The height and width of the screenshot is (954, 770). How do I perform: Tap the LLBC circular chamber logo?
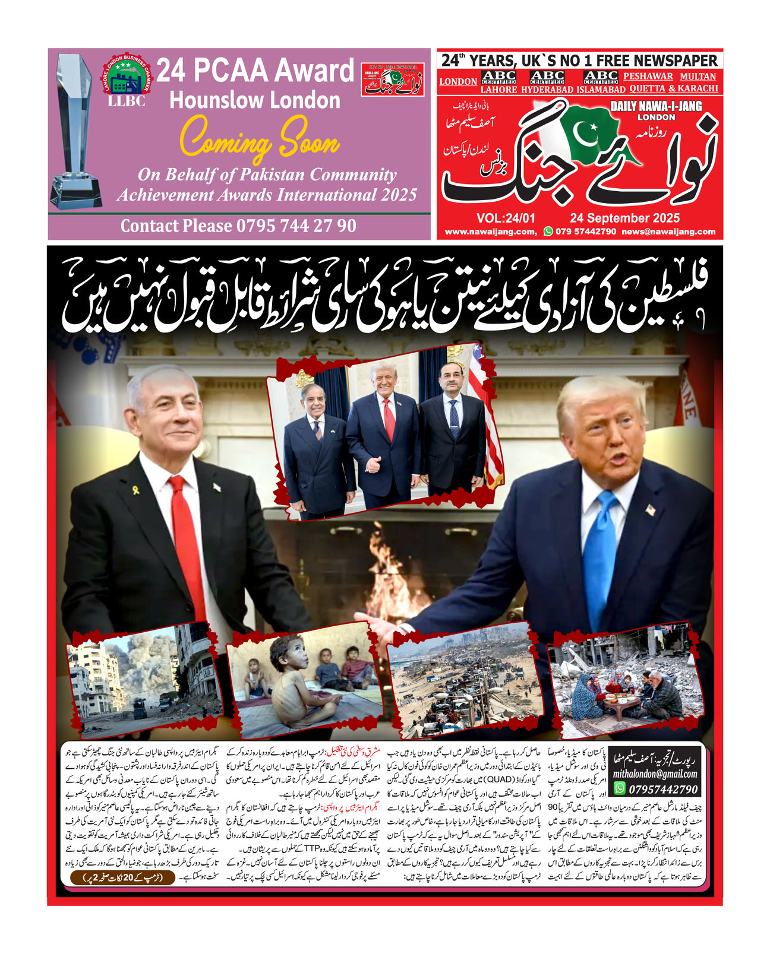pos(127,80)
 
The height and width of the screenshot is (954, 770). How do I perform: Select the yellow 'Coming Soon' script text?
pos(260,142)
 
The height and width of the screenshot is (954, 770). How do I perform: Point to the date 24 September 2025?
pos(624,218)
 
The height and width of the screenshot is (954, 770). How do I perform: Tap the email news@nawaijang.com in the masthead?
pos(668,232)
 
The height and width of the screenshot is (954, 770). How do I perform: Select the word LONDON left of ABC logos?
pos(458,82)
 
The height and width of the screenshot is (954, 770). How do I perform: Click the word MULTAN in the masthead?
pos(698,77)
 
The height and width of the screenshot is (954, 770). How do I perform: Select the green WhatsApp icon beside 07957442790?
pos(620,788)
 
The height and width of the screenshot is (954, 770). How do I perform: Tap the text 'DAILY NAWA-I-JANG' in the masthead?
pos(656,106)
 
